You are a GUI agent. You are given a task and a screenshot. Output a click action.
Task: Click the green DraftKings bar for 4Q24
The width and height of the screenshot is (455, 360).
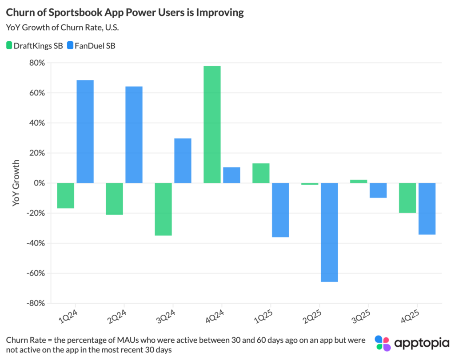212,124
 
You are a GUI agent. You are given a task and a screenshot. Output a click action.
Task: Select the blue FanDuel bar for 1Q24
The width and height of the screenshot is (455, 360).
85,131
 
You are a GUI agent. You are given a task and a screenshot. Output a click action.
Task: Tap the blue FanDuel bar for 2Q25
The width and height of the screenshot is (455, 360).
329,232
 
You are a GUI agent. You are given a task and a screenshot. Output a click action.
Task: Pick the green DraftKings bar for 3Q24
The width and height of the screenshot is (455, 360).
163,209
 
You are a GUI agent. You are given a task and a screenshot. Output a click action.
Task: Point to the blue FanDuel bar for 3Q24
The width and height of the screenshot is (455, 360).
183,161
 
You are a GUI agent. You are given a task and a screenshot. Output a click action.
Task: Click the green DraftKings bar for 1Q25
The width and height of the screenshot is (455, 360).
261,173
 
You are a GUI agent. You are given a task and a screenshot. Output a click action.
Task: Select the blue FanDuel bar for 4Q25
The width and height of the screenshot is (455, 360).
427,209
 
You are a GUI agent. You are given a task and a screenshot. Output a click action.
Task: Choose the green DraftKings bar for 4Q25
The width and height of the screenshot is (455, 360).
407,198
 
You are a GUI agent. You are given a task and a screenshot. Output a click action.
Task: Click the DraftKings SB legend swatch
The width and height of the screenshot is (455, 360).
10,45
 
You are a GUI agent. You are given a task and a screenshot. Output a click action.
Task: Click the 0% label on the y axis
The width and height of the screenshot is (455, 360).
39,183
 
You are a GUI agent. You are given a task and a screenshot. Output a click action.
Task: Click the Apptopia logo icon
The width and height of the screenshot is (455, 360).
383,343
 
